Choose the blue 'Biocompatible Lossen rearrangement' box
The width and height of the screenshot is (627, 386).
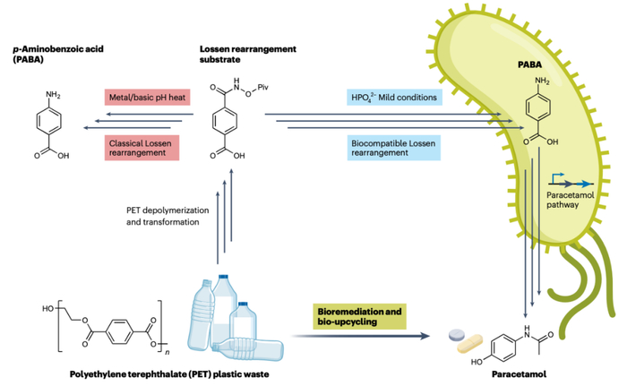point(396,147)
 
